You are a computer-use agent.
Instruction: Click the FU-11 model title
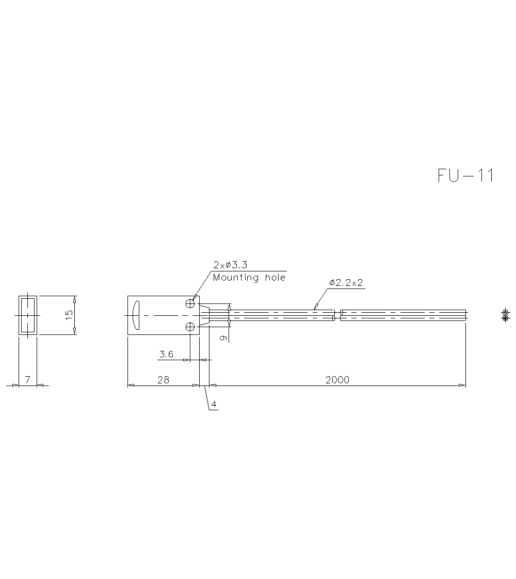tap(465, 176)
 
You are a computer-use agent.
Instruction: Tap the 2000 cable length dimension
tap(337, 380)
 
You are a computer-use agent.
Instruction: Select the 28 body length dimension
tap(163, 380)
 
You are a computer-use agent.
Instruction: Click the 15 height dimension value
tap(70, 315)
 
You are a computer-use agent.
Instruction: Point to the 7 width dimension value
tap(28, 380)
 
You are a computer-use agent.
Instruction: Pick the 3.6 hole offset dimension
tap(166, 354)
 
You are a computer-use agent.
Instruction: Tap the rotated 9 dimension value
tap(223, 338)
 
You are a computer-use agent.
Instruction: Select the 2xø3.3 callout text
tap(230, 265)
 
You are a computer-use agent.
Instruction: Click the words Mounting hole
tap(249, 278)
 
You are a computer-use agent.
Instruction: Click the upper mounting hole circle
tap(190, 304)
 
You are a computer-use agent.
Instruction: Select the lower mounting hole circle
tap(190, 326)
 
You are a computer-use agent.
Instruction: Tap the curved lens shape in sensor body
tap(135, 315)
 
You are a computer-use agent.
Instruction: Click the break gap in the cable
tap(337, 315)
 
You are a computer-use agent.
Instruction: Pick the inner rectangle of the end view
tap(28, 315)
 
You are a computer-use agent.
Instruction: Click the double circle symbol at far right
tap(505, 315)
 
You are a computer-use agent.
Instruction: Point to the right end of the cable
tap(465, 315)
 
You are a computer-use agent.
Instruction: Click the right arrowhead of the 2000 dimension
tap(463, 385)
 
